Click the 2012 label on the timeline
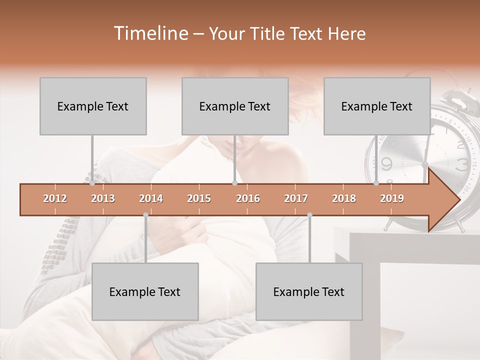point(55,198)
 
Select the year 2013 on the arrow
point(103,198)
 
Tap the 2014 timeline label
point(151,198)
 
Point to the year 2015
point(199,198)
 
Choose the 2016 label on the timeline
point(248,198)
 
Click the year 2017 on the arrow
point(296,198)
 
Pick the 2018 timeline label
point(344,198)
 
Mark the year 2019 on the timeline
point(392,198)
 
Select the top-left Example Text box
point(93,106)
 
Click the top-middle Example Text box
point(235,106)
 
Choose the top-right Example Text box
point(377,106)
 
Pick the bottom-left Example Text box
point(145,291)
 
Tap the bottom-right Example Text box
point(309,291)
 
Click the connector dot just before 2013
point(92,183)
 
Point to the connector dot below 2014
point(145,215)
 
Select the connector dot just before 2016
point(234,183)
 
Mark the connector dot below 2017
point(309,215)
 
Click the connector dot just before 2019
point(376,183)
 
